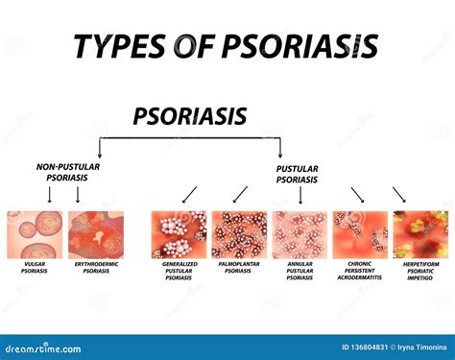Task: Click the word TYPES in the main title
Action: (121, 45)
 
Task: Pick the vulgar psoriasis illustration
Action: (36, 233)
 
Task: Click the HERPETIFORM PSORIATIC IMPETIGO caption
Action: (419, 275)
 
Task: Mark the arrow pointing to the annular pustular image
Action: (300, 196)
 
